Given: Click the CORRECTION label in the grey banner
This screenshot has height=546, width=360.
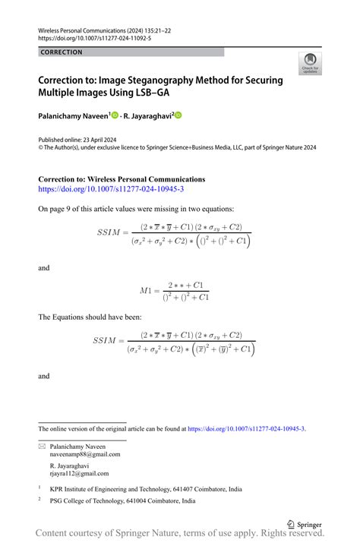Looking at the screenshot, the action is point(62,52).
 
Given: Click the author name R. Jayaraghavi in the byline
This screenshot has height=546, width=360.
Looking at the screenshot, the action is point(148,115).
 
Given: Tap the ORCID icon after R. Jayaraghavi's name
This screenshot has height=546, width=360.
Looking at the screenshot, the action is point(178,115).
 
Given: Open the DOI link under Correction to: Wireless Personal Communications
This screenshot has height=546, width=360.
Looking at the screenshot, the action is point(111,189).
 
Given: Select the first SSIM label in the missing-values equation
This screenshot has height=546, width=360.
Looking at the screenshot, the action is point(112,232).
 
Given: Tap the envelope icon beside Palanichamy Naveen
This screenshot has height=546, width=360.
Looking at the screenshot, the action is point(41,446).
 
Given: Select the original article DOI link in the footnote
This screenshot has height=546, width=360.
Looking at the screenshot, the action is point(246,428).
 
